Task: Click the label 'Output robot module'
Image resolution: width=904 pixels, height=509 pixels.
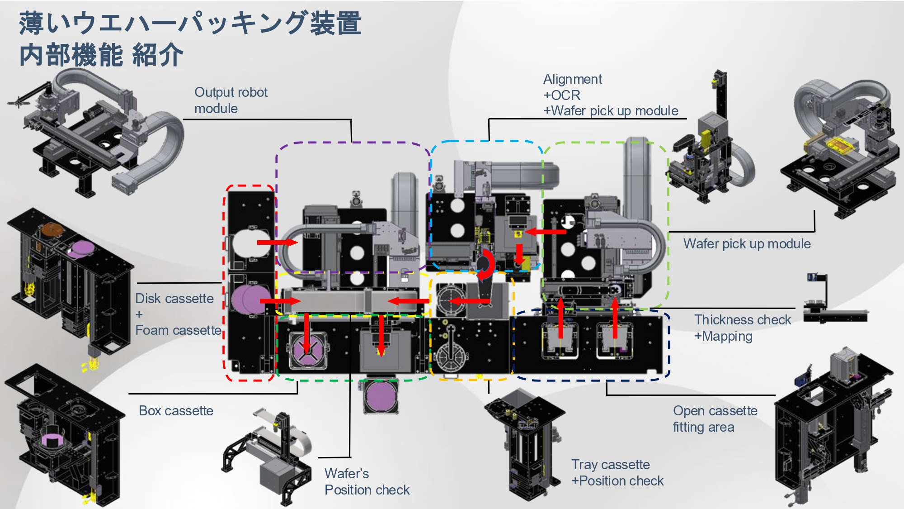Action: pyautogui.click(x=231, y=100)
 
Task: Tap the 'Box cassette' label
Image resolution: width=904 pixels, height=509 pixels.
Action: pyautogui.click(x=176, y=410)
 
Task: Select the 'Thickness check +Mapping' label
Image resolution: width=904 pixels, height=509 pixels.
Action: pyautogui.click(x=742, y=328)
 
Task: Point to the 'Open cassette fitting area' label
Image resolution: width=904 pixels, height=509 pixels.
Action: pyautogui.click(x=715, y=419)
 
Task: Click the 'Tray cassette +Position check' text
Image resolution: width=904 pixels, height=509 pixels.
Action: pyautogui.click(x=617, y=472)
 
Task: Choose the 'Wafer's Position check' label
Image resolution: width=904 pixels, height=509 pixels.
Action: pyautogui.click(x=367, y=481)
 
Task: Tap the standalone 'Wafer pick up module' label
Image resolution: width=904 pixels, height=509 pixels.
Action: pyautogui.click(x=747, y=243)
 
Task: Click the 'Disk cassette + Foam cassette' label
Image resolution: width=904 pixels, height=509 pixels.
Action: pyautogui.click(x=178, y=314)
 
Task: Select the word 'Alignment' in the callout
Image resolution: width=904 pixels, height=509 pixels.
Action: pyautogui.click(x=572, y=79)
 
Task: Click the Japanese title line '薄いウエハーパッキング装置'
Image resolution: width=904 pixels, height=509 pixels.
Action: pyautogui.click(x=190, y=24)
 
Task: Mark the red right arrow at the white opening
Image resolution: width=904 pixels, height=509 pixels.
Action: pyautogui.click(x=277, y=243)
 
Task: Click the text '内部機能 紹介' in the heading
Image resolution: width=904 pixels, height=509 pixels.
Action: pyautogui.click(x=101, y=55)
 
